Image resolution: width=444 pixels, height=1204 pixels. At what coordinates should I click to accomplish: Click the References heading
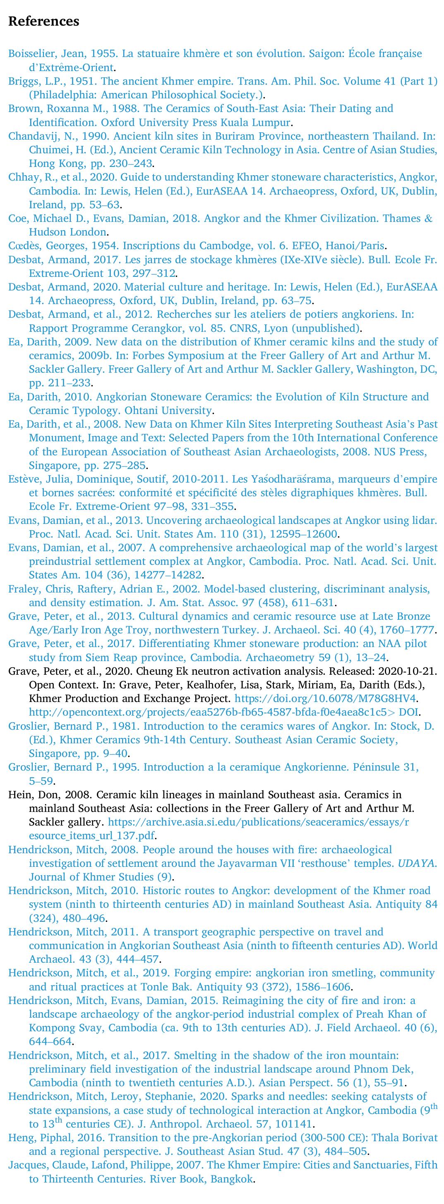tap(43, 21)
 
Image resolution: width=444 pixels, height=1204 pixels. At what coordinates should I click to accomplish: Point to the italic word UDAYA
tap(417, 863)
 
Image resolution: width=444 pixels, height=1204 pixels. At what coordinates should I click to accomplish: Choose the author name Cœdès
tap(24, 246)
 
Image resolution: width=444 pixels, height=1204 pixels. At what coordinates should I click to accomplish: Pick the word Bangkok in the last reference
tap(232, 1179)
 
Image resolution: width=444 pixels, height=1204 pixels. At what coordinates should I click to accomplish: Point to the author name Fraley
tap(22, 589)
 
